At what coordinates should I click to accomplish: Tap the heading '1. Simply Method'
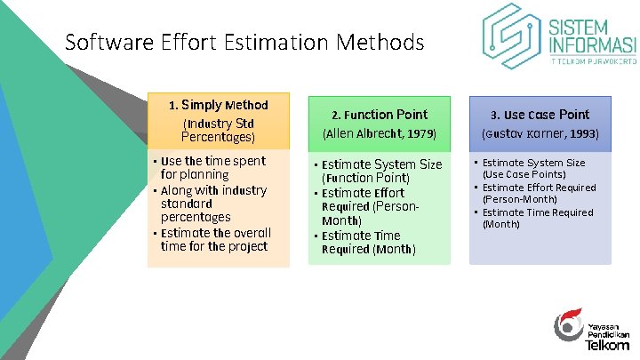[x=218, y=105]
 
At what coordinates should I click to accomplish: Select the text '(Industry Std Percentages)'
[x=218, y=131]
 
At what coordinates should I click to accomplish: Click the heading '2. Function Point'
[x=380, y=115]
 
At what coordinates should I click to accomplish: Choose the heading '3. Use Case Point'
[x=540, y=115]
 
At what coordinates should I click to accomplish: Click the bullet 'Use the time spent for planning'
[x=213, y=168]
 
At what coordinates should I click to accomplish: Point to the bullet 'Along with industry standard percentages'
[x=213, y=204]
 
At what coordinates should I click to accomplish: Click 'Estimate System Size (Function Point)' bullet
[x=380, y=171]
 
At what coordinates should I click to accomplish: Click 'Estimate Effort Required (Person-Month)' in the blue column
[x=538, y=193]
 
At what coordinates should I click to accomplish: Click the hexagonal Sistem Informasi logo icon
[x=511, y=36]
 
